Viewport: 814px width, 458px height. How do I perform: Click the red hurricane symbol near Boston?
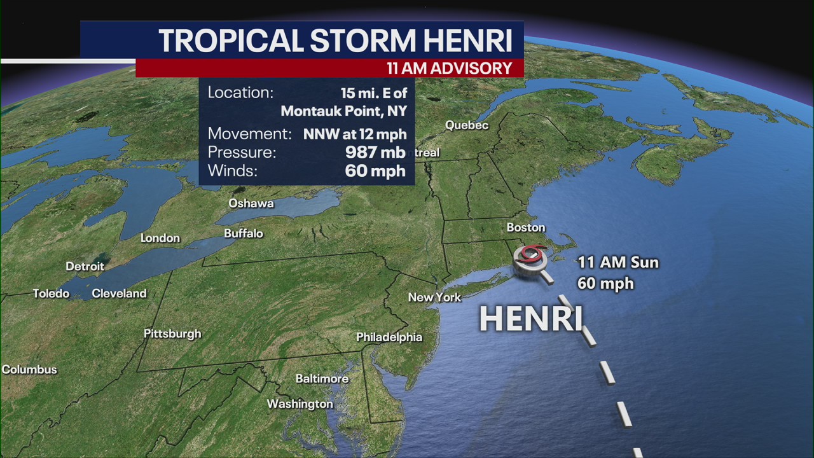[x=531, y=255]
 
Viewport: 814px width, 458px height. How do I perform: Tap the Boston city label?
[x=526, y=228]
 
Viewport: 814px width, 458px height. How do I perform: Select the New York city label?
[x=434, y=297]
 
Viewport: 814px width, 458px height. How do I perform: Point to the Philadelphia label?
[x=389, y=337]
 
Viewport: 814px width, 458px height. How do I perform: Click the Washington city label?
[x=300, y=404]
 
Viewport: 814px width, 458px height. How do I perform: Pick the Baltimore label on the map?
[x=322, y=379]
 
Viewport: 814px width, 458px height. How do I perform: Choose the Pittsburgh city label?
[x=172, y=334]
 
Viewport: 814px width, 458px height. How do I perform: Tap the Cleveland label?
[x=119, y=294]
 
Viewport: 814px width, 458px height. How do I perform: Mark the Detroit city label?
[x=85, y=267]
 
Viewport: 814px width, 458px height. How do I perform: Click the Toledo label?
[x=51, y=294]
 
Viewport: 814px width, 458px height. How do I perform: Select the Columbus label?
[x=29, y=370]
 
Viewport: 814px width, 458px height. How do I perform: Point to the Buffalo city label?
[x=244, y=234]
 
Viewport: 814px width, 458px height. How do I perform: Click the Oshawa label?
[x=251, y=204]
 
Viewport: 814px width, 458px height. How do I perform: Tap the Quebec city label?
[x=467, y=125]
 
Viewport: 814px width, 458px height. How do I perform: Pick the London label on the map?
[x=160, y=238]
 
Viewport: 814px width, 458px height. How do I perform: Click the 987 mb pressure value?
[x=375, y=153]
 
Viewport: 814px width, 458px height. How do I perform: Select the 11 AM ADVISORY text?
[x=450, y=68]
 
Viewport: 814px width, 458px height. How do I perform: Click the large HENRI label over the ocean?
[x=530, y=319]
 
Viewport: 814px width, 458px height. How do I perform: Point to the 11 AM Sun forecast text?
[x=617, y=262]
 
